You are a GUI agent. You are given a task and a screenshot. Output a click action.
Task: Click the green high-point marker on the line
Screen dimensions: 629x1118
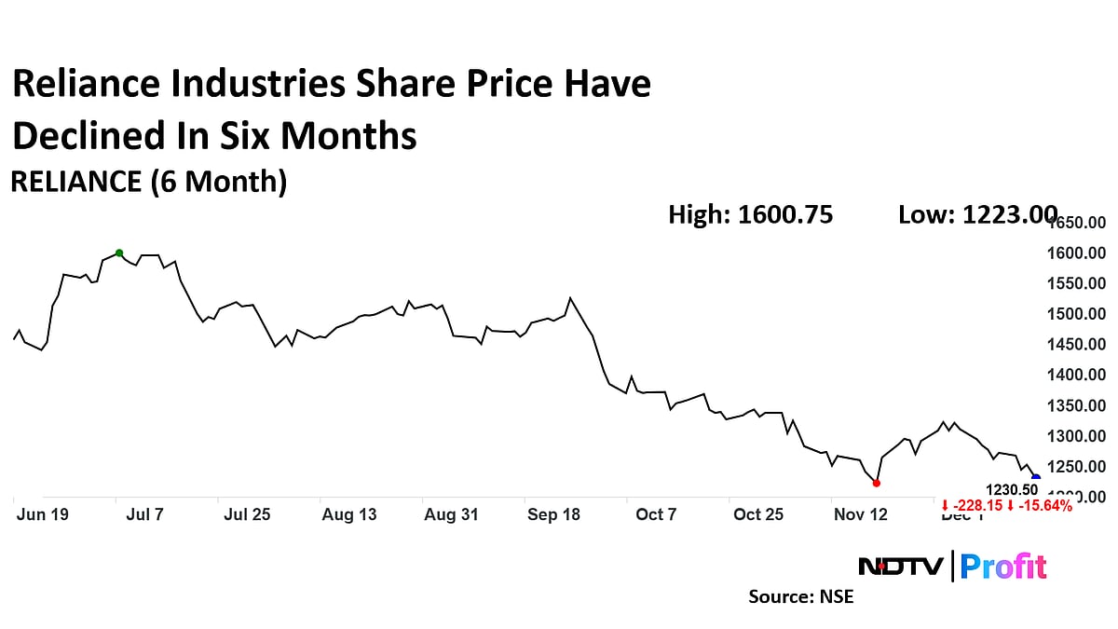(119, 253)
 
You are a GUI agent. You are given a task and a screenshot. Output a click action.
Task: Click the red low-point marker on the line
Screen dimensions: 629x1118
(876, 483)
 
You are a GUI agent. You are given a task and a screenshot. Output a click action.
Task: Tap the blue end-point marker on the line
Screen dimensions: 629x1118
(1036, 478)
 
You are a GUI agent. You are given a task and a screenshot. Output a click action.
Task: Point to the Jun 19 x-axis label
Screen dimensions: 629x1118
(42, 514)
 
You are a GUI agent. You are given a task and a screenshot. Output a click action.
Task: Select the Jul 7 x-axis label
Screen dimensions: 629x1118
(144, 514)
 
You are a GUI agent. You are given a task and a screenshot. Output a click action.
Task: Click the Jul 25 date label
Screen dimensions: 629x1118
(247, 514)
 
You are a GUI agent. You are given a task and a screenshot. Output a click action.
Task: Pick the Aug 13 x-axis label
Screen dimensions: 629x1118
(349, 514)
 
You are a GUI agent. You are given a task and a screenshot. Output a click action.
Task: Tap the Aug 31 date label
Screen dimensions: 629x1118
(451, 514)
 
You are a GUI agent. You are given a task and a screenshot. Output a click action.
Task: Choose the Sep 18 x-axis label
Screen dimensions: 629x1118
(553, 514)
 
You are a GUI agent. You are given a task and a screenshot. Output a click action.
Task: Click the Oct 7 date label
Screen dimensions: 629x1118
(656, 514)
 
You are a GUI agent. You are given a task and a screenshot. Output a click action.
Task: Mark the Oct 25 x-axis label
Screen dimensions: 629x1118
(758, 514)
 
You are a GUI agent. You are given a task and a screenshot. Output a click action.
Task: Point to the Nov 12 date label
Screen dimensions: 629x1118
(861, 514)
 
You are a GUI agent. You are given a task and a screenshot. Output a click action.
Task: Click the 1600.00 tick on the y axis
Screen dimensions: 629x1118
(1077, 253)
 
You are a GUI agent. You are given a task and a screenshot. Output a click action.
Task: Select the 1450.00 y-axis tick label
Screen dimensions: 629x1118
(1077, 345)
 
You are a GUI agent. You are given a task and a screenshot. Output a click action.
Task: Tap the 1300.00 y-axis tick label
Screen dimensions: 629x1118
(1077, 436)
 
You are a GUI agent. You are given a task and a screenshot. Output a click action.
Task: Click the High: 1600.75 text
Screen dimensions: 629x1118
(750, 215)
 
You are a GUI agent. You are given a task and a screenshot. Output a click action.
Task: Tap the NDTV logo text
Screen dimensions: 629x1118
(900, 566)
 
